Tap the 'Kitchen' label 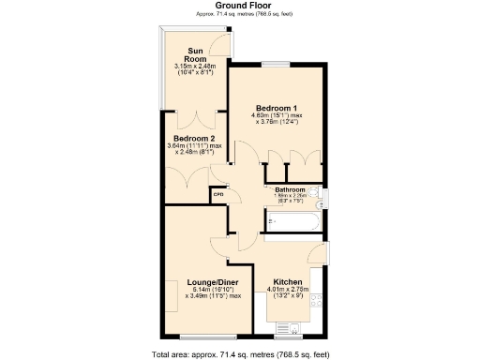[288, 282]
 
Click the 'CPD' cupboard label [217, 195]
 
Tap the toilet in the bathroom [322, 197]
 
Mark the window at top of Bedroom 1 [277, 63]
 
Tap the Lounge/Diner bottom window [199, 337]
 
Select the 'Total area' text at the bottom [240, 354]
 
